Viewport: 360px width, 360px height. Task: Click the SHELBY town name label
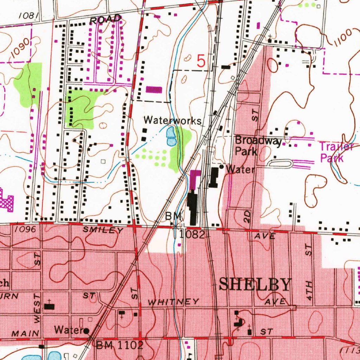tap(255, 284)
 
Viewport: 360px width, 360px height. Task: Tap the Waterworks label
tap(173, 121)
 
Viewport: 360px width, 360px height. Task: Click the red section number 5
tap(201, 61)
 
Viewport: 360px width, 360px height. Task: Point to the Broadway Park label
tap(258, 146)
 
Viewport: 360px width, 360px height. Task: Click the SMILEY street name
tap(103, 231)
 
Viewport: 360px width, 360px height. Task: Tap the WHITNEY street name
tap(173, 302)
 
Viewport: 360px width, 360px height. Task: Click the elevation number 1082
tap(192, 234)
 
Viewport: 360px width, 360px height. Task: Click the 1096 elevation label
tap(25, 229)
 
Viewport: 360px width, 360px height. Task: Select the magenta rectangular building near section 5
tap(154, 90)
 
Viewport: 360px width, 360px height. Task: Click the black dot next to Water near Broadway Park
tap(221, 167)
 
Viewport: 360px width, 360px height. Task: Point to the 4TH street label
tap(309, 290)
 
